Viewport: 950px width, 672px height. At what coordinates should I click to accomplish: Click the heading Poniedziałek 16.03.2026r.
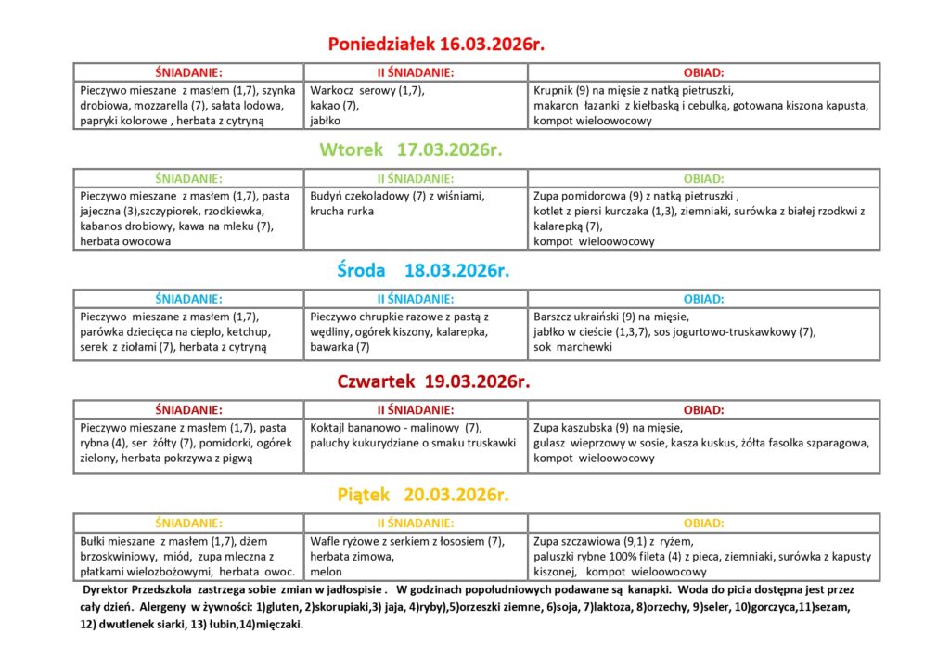(x=434, y=44)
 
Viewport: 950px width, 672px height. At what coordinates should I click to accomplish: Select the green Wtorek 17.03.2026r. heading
(x=411, y=149)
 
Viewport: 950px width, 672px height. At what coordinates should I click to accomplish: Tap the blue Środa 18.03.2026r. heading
(x=423, y=270)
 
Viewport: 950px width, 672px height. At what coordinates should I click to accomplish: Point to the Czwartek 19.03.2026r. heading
(x=433, y=381)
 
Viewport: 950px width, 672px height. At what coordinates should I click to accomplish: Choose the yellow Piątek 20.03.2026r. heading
(x=423, y=494)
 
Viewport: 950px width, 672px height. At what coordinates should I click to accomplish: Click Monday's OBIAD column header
(x=703, y=71)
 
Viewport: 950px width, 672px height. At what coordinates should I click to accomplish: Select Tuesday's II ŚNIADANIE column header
(x=415, y=178)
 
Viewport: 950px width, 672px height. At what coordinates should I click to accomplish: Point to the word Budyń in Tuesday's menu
(x=328, y=197)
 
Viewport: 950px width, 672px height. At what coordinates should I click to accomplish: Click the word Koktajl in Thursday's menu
(x=330, y=428)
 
